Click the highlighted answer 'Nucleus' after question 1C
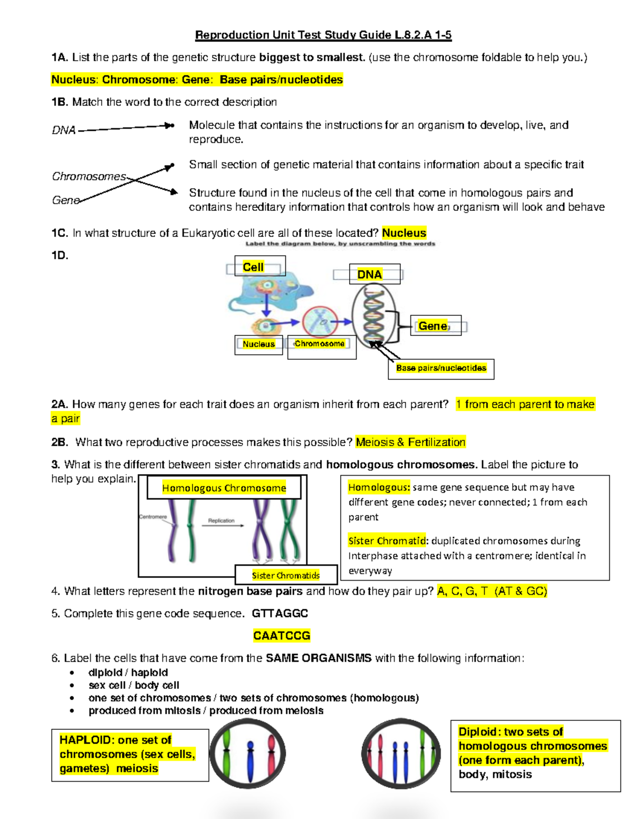click(404, 233)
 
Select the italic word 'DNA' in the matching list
click(64, 130)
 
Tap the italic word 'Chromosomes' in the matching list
click(89, 177)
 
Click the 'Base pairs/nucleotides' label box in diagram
click(441, 368)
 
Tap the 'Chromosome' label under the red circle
click(320, 344)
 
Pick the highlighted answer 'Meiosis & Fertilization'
click(410, 442)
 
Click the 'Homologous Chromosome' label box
click(224, 488)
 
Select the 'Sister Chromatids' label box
click(285, 575)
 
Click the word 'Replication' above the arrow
click(221, 521)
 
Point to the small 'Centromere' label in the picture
click(153, 517)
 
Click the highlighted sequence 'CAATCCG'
click(282, 635)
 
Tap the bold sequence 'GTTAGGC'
click(280, 613)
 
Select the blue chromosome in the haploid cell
click(251, 754)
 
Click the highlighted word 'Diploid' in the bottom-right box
click(478, 731)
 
